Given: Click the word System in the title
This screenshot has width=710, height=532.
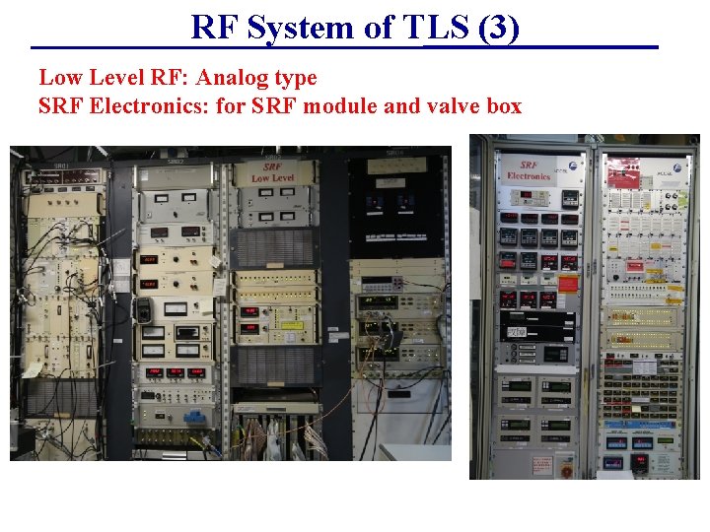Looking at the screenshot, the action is click(305, 28).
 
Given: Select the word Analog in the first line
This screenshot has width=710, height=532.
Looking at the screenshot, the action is click(232, 77).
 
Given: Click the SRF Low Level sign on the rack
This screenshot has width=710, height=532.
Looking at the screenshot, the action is click(272, 171).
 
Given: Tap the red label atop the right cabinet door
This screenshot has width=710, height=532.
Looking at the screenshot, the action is click(623, 175).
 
